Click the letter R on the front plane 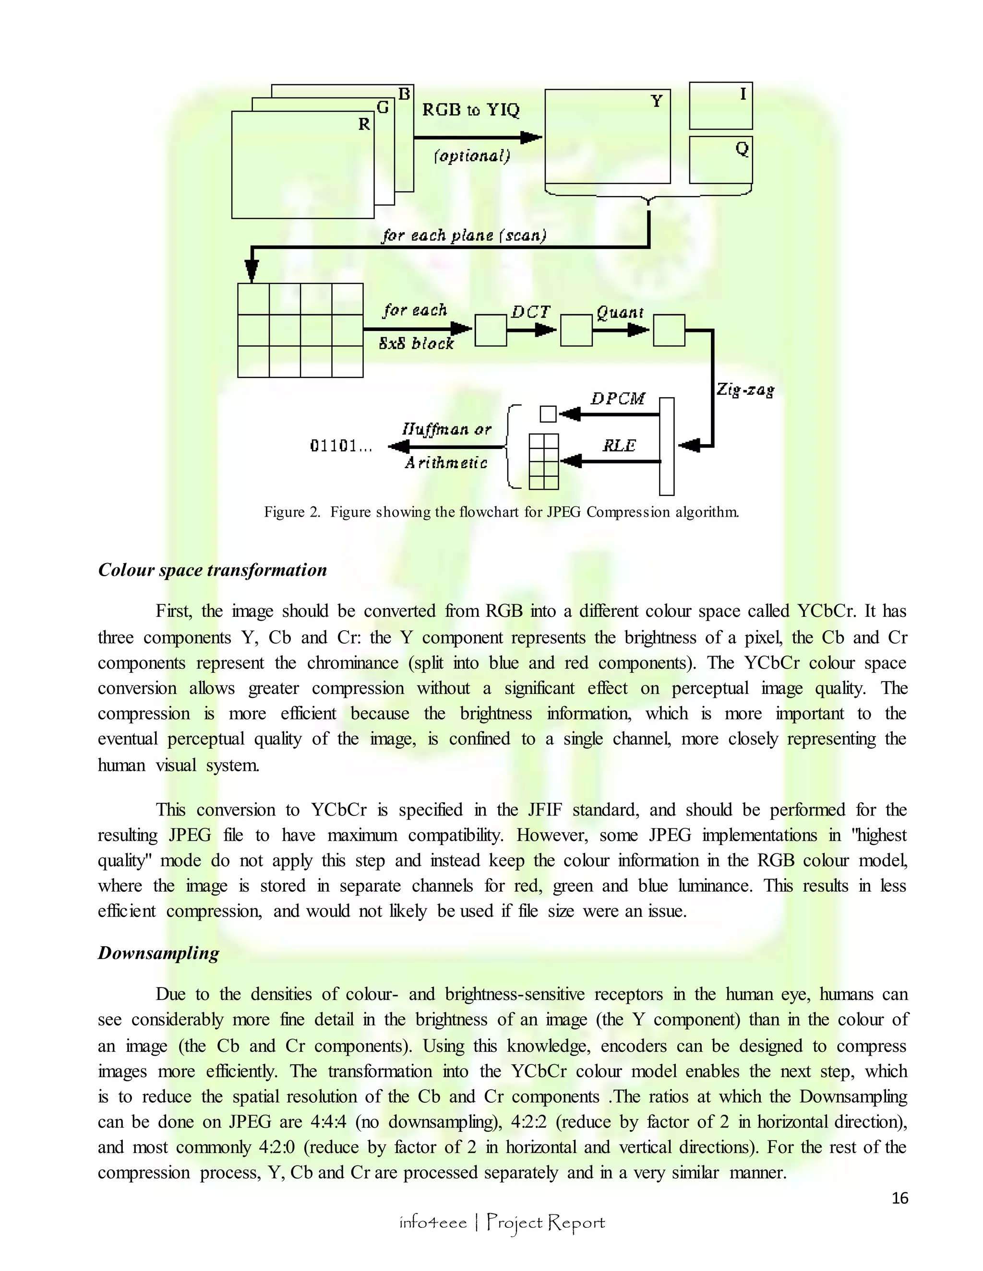(364, 124)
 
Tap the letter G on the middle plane (383, 107)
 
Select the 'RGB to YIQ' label (470, 109)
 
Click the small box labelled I (720, 106)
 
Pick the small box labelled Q (720, 159)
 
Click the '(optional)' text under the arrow (472, 156)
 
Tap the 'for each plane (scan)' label (464, 235)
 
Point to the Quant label (620, 313)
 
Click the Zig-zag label (745, 389)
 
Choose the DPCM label (618, 399)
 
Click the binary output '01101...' (341, 447)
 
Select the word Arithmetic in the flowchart (446, 463)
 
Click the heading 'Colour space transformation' (213, 570)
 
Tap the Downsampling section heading (158, 953)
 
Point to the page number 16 (900, 1198)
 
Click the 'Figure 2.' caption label (292, 512)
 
